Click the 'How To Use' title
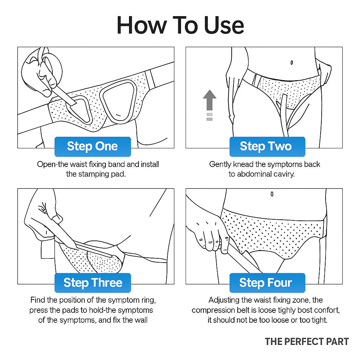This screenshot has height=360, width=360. click(x=180, y=25)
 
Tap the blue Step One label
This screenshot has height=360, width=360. click(x=92, y=146)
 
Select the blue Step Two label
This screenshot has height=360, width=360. click(x=266, y=146)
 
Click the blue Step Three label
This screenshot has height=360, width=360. click(x=93, y=283)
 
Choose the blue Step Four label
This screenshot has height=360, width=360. click(x=266, y=283)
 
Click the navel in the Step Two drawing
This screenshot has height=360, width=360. click(x=291, y=63)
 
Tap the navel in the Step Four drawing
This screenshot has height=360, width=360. click(x=272, y=194)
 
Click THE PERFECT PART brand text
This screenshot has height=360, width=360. click(x=307, y=341)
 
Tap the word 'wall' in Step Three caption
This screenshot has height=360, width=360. click(x=140, y=321)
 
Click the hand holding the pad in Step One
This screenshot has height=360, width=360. click(x=39, y=70)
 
